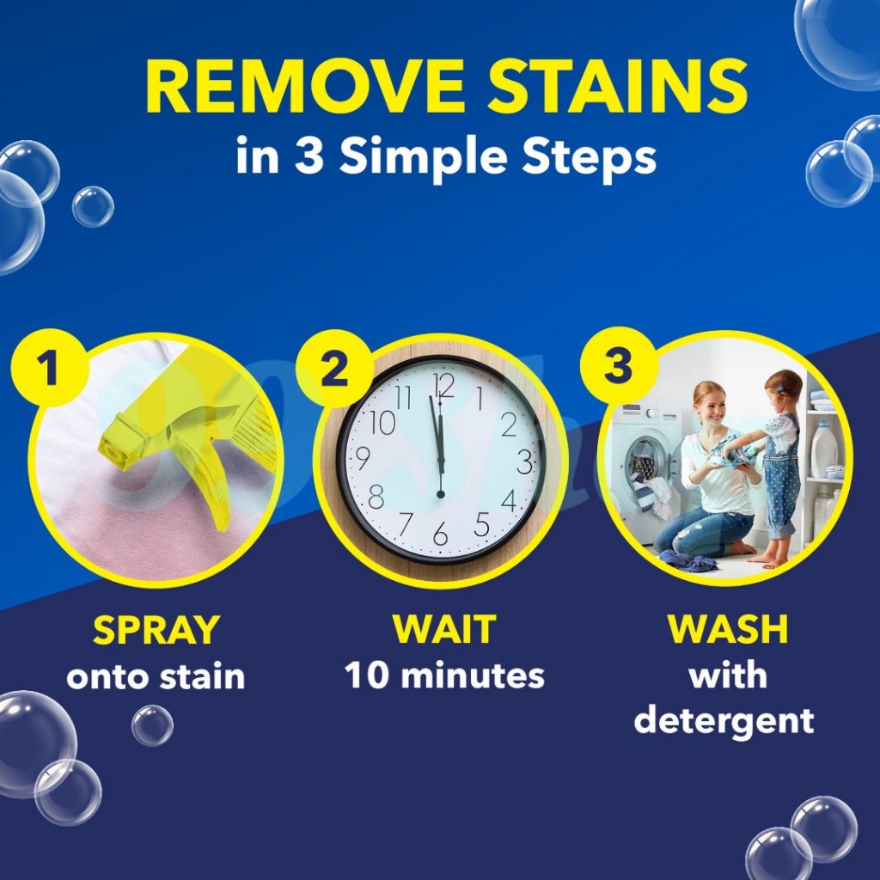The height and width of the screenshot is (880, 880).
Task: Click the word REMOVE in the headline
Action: [x=305, y=86]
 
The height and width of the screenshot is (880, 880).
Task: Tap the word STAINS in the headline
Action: [x=617, y=86]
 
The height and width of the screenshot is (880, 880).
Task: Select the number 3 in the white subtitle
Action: [x=309, y=155]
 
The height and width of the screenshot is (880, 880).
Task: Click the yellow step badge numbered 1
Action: [x=49, y=368]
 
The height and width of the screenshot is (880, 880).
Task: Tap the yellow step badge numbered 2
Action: [x=334, y=369]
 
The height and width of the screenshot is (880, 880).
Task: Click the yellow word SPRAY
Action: [x=156, y=630]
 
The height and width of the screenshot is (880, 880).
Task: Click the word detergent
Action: [x=724, y=721]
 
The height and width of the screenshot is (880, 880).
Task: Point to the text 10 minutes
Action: [x=444, y=675]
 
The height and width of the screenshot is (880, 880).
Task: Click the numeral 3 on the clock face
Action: [x=525, y=461]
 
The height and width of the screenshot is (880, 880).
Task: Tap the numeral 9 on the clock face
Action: [x=364, y=458]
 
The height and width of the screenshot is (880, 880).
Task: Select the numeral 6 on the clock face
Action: [x=441, y=533]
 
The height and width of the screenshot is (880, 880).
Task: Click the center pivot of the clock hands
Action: [x=441, y=494]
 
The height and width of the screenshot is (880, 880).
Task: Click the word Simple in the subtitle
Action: [x=424, y=157]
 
